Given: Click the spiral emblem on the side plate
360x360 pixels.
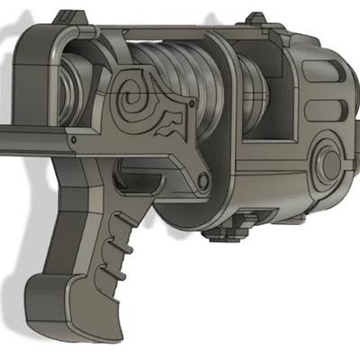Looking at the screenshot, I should [140, 94].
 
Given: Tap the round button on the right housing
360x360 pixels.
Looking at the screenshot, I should [328, 162].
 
